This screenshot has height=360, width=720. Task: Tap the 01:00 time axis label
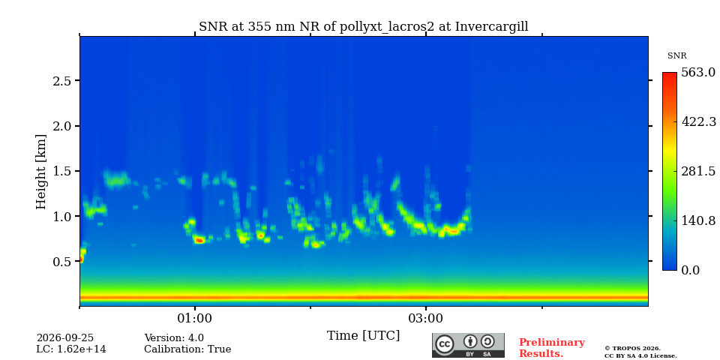tap(195, 318)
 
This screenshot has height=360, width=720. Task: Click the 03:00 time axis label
tap(426, 318)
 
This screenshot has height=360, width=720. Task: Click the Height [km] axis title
tap(41, 172)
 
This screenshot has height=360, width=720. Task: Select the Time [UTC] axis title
tap(363, 336)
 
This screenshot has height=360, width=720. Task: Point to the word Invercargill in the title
tap(492, 27)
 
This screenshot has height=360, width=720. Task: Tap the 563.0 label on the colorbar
tap(698, 73)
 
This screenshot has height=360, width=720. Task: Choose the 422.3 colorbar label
tap(698, 122)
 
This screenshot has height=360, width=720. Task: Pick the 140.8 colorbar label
tap(698, 220)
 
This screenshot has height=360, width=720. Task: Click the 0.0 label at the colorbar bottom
tap(690, 271)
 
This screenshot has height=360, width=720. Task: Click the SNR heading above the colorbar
tap(676, 56)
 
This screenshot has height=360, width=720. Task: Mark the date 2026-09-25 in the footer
tap(65, 338)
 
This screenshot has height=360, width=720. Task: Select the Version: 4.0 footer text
tap(174, 338)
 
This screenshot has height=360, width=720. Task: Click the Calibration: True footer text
tap(187, 349)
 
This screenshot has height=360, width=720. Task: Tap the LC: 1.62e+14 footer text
tap(71, 349)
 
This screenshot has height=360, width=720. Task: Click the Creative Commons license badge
tap(468, 345)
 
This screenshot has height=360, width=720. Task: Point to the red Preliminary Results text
tap(552, 348)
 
